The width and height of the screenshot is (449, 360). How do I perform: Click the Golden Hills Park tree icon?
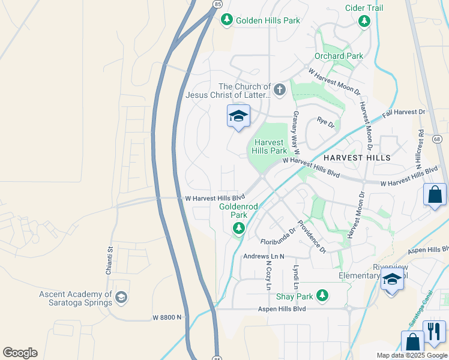(x=226, y=20)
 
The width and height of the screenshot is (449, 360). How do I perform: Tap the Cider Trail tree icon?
(x=364, y=21)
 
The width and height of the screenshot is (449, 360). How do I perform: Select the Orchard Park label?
(x=339, y=56)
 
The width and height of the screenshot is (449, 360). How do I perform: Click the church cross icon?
(x=279, y=90)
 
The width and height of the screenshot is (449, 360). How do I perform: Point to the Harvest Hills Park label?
(x=270, y=146)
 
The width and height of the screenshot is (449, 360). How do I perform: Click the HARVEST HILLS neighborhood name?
(x=357, y=157)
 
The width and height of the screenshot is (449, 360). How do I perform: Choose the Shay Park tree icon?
(x=322, y=295)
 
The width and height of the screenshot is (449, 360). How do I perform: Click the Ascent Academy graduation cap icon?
(x=121, y=298)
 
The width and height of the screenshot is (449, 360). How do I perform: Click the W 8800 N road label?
(x=166, y=317)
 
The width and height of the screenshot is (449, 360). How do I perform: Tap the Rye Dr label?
(x=325, y=122)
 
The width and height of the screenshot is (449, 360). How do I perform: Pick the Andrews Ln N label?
(x=264, y=256)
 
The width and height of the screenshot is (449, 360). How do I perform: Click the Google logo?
(x=20, y=352)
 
